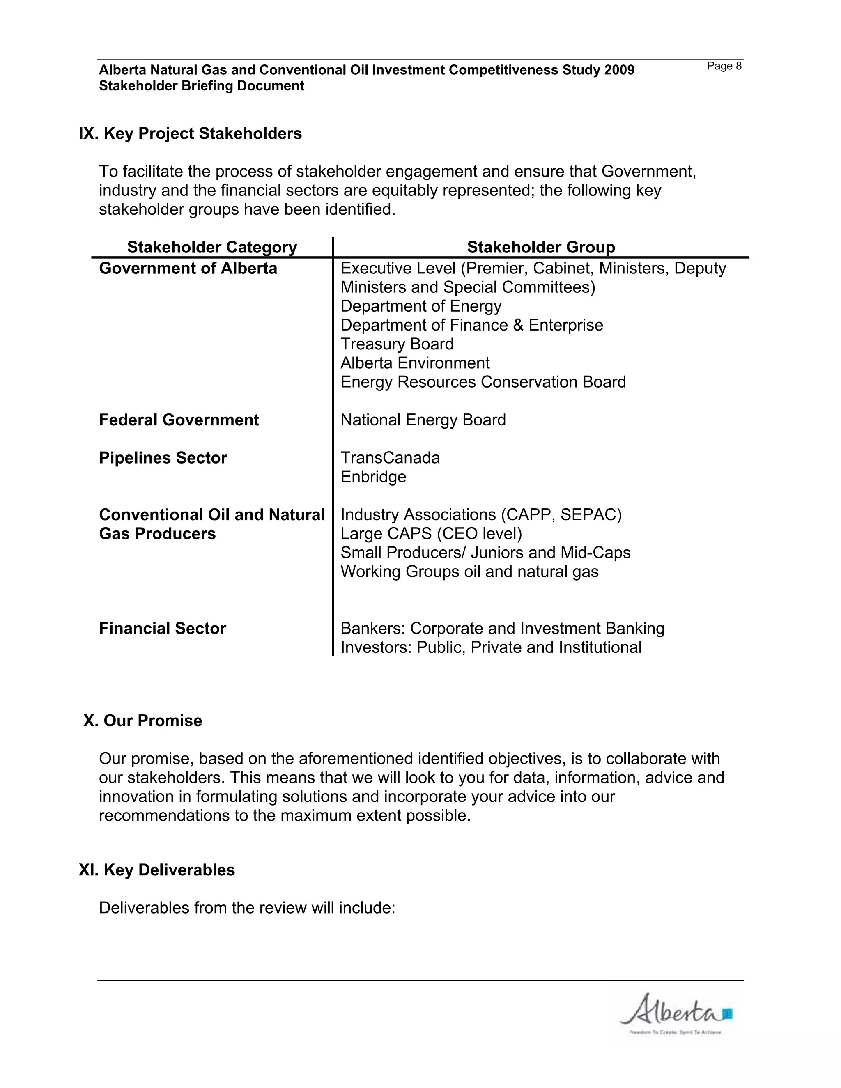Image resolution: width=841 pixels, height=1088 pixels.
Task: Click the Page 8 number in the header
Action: [x=724, y=66]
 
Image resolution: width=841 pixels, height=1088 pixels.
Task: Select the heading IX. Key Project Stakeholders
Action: [x=190, y=133]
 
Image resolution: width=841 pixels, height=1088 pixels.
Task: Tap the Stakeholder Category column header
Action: [x=212, y=247]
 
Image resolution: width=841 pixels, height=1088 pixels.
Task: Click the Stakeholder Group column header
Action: [x=540, y=247]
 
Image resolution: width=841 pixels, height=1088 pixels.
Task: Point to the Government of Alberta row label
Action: [x=188, y=269]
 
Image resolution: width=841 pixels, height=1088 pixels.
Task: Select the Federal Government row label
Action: [x=179, y=420]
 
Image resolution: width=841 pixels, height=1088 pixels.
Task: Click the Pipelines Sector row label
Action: [x=163, y=458]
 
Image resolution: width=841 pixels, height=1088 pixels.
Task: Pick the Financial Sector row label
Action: [x=163, y=628]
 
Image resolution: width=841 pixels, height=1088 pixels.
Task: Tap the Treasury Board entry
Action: [x=397, y=344]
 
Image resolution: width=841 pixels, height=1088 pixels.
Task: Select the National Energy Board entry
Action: [x=423, y=420]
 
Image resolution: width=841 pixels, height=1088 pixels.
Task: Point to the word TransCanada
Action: [x=390, y=458]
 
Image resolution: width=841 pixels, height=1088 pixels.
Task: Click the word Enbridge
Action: [x=373, y=477]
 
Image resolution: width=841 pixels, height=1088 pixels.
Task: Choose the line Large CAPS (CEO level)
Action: [x=431, y=534]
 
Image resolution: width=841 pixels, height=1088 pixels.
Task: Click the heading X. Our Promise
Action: [x=142, y=721]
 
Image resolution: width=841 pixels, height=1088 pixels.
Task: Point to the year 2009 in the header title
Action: [x=619, y=70]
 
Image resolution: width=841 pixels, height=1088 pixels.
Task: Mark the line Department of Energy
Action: [x=420, y=306]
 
